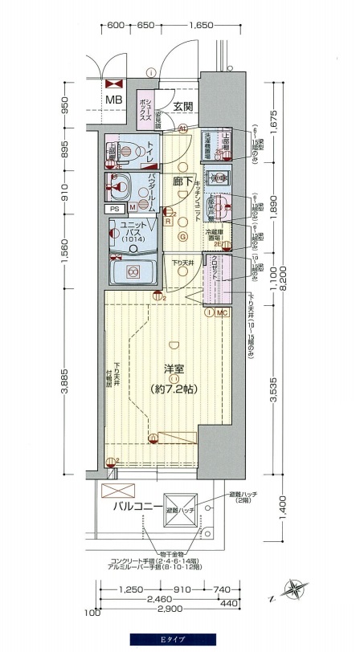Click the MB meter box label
pyautogui.click(x=115, y=100)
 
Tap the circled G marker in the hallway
pyautogui.click(x=182, y=236)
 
